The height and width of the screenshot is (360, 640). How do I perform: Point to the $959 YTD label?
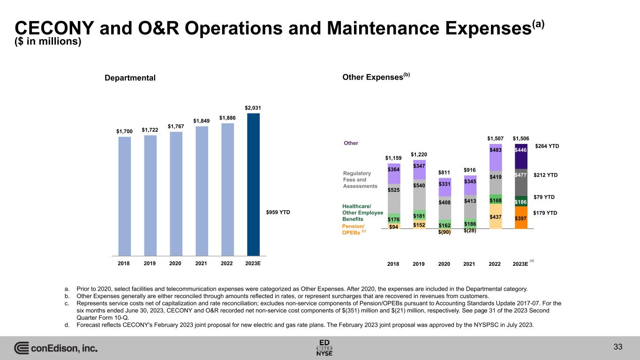pos(278,212)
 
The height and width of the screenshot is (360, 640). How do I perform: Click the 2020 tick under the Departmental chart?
pos(175,263)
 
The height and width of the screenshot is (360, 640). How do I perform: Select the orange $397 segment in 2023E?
pos(520,218)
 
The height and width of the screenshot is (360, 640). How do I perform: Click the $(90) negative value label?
pos(444,232)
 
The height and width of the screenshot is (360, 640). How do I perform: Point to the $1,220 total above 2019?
pos(419,155)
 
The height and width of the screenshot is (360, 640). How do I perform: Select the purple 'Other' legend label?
pos(351,143)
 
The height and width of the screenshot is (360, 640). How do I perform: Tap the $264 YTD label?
pos(547,146)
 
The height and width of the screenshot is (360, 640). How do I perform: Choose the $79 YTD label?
pos(545,197)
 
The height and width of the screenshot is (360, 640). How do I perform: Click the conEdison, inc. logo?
pos(56,348)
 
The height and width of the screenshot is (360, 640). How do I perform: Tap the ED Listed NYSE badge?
pos(325,347)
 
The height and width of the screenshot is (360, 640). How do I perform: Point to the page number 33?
pos(618,347)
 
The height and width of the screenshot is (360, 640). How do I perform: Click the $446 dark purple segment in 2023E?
pos(520,150)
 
